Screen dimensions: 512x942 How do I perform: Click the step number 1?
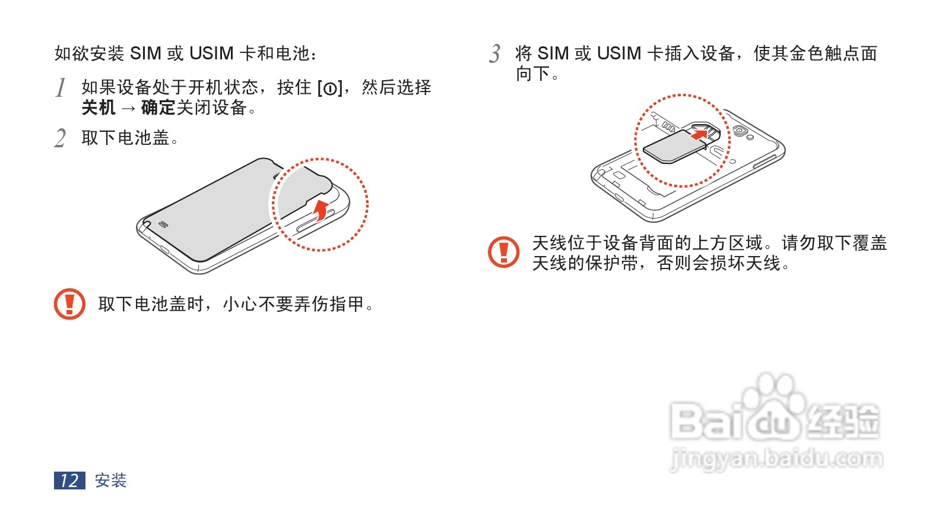pos(61,88)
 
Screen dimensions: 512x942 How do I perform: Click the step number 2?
pos(60,138)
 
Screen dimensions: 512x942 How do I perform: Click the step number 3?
pos(495,54)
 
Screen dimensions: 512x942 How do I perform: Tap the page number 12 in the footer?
pos(69,481)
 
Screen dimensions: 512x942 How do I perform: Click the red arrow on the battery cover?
pos(321,210)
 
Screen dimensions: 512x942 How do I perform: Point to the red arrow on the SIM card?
pos(700,135)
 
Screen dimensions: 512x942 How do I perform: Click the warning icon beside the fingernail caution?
pos(69,304)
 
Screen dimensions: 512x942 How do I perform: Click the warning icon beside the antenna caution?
pos(503,252)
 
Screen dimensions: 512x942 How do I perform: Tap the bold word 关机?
pos(99,108)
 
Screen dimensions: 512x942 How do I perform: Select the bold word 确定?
pos(158,108)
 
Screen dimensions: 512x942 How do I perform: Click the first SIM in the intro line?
pos(145,54)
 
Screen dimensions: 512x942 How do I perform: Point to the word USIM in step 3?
pos(619,54)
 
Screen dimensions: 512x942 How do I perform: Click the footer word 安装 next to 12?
pos(111,481)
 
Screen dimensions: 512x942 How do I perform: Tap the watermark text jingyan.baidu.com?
pos(776,459)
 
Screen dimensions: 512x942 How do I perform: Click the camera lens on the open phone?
pos(740,131)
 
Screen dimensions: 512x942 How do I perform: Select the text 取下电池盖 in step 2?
pos(126,138)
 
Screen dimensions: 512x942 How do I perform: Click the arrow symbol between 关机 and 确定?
pos(128,109)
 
